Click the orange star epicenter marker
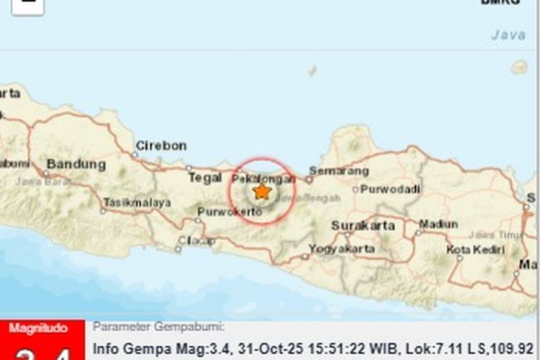click(262, 192)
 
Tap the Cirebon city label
click(161, 145)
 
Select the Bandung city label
click(76, 164)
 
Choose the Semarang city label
click(338, 171)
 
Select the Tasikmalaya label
click(137, 203)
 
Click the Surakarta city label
click(363, 225)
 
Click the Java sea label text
click(508, 34)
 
